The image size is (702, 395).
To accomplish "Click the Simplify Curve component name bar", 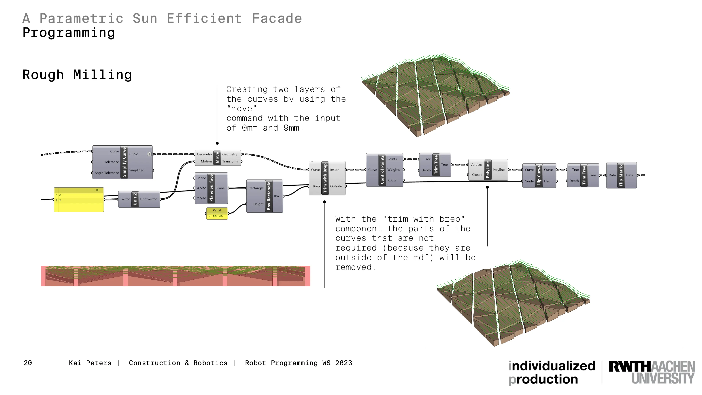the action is click(x=124, y=162).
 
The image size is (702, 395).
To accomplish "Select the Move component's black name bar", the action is click(x=217, y=158).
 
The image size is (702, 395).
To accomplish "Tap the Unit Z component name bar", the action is click(x=135, y=199).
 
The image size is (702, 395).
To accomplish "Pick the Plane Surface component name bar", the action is click(x=211, y=188).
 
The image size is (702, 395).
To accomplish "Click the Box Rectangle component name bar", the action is click(x=269, y=196).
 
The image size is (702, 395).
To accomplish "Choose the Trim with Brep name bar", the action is click(x=325, y=178).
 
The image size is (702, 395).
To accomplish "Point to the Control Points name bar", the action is click(x=382, y=170).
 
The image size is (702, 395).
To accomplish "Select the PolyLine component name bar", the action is click(x=488, y=170).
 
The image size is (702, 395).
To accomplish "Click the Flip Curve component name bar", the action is click(x=539, y=175).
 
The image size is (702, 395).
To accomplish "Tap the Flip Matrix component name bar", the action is click(x=621, y=175).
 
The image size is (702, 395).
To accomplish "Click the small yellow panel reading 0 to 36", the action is click(x=217, y=213).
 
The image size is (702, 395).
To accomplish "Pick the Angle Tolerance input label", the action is click(x=107, y=173).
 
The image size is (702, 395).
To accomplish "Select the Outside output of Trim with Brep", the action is click(x=336, y=186).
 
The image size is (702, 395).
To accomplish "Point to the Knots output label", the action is click(x=392, y=180).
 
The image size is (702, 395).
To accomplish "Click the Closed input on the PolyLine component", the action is click(x=477, y=175).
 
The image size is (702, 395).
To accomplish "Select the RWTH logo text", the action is click(x=652, y=372).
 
